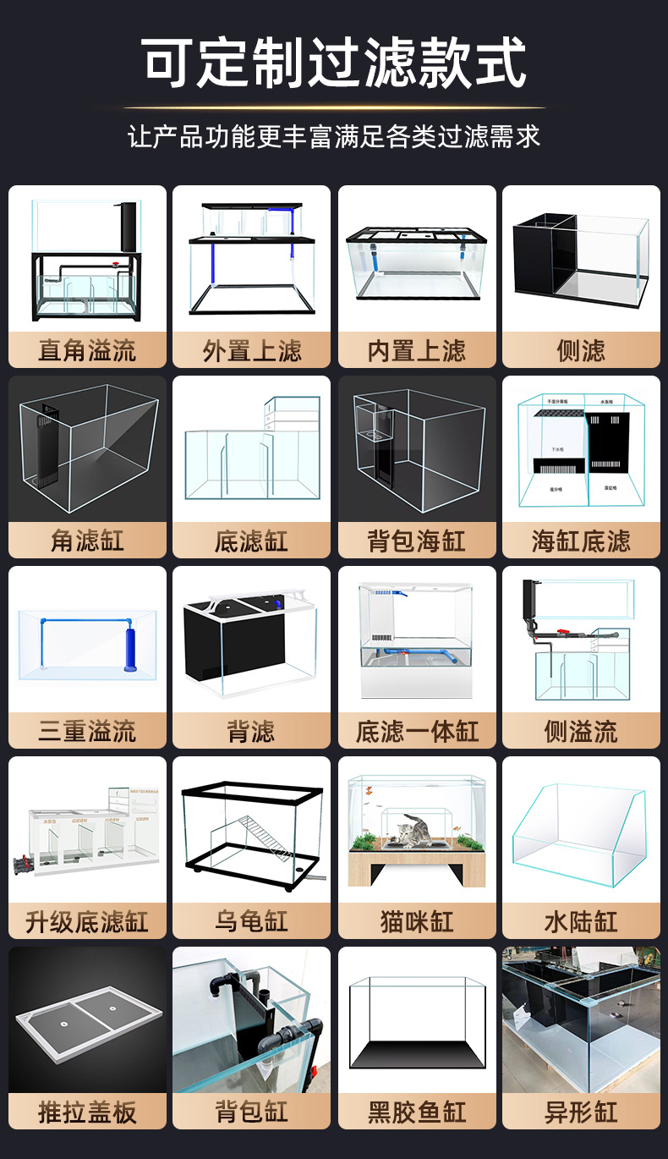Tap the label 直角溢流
(86, 350)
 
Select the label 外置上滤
(251, 350)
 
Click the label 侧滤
(581, 350)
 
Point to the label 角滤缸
(86, 541)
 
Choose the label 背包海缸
(417, 541)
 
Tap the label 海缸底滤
(581, 541)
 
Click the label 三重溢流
(86, 731)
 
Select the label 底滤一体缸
(417, 731)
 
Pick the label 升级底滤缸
(86, 921)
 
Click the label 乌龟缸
(251, 921)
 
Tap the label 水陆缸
(581, 921)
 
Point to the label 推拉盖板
(86, 1112)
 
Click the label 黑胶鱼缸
(417, 1112)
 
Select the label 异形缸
(581, 1112)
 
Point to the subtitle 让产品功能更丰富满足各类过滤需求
(334, 136)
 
